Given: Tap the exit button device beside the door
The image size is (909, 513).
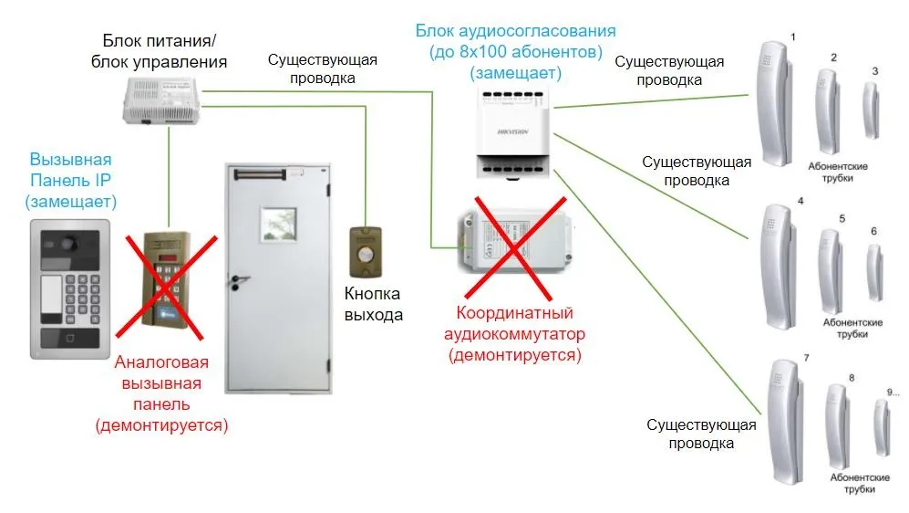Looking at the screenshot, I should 366,252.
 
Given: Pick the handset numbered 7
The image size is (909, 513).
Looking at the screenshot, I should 783,421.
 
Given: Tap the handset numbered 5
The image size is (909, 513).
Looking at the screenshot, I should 831,270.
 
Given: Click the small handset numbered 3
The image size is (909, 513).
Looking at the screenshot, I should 872,110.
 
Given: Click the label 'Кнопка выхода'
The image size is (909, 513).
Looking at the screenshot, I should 374,304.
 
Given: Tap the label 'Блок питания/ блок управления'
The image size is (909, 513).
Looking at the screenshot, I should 160,51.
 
